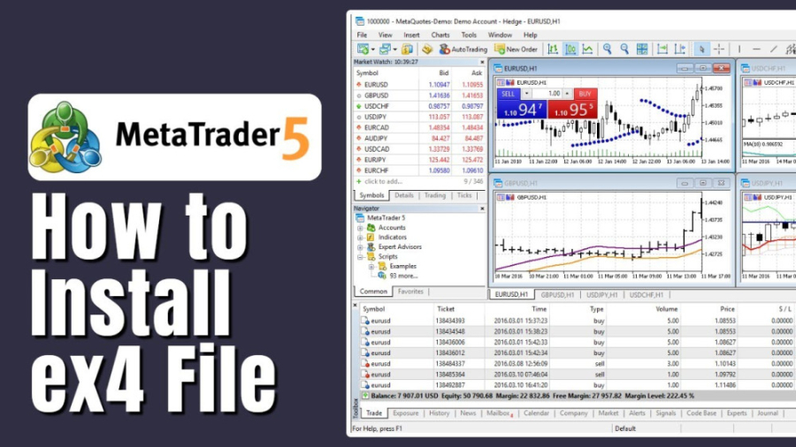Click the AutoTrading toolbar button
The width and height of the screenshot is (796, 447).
pos(463,49)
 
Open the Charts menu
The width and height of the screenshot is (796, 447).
pos(440,35)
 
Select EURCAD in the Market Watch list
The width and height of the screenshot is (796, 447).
pos(378,127)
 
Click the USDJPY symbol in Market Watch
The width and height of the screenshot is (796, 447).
pos(376,117)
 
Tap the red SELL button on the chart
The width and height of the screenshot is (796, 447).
pos(508,94)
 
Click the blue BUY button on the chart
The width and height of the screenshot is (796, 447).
pos(584,94)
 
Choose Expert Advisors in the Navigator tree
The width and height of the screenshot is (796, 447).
pos(398,246)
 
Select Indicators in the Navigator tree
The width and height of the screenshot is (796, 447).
pos(392,237)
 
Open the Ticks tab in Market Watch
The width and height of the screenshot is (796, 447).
pos(464,195)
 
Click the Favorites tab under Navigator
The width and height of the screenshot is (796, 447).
pos(410,292)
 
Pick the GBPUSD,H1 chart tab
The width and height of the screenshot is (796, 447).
pos(559,294)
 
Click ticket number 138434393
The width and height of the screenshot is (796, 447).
pos(450,321)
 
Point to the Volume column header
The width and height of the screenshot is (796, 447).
pos(666,309)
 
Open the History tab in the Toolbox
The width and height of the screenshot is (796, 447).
pos(440,413)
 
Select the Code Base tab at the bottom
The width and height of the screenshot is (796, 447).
pos(701,413)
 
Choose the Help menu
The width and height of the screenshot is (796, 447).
pos(530,35)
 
